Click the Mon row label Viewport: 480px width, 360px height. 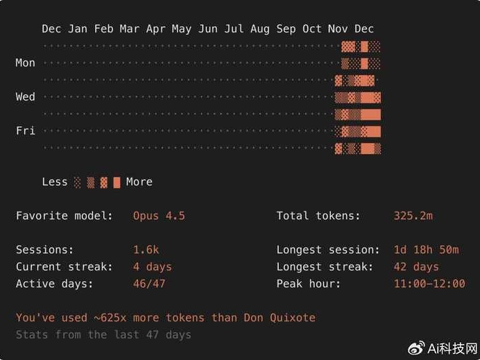click(x=25, y=63)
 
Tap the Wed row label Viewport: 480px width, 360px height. click(x=25, y=97)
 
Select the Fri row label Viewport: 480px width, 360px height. click(x=25, y=130)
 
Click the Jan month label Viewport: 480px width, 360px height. click(x=78, y=29)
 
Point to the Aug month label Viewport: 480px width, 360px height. click(x=259, y=29)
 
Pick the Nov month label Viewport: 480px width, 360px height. click(x=338, y=29)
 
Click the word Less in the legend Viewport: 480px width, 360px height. click(x=55, y=182)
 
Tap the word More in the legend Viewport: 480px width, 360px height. click(x=139, y=182)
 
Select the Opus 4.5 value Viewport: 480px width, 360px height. click(x=159, y=216)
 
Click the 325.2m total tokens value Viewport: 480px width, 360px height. click(x=413, y=216)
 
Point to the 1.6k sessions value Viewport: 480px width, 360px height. click(x=146, y=250)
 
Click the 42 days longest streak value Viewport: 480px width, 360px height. click(x=415, y=267)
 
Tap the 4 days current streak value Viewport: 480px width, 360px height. click(x=152, y=267)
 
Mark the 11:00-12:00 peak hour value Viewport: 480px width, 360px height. click(x=429, y=284)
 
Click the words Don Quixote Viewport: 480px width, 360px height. click(x=279, y=318)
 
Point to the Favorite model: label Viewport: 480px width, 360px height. click(x=64, y=216)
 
